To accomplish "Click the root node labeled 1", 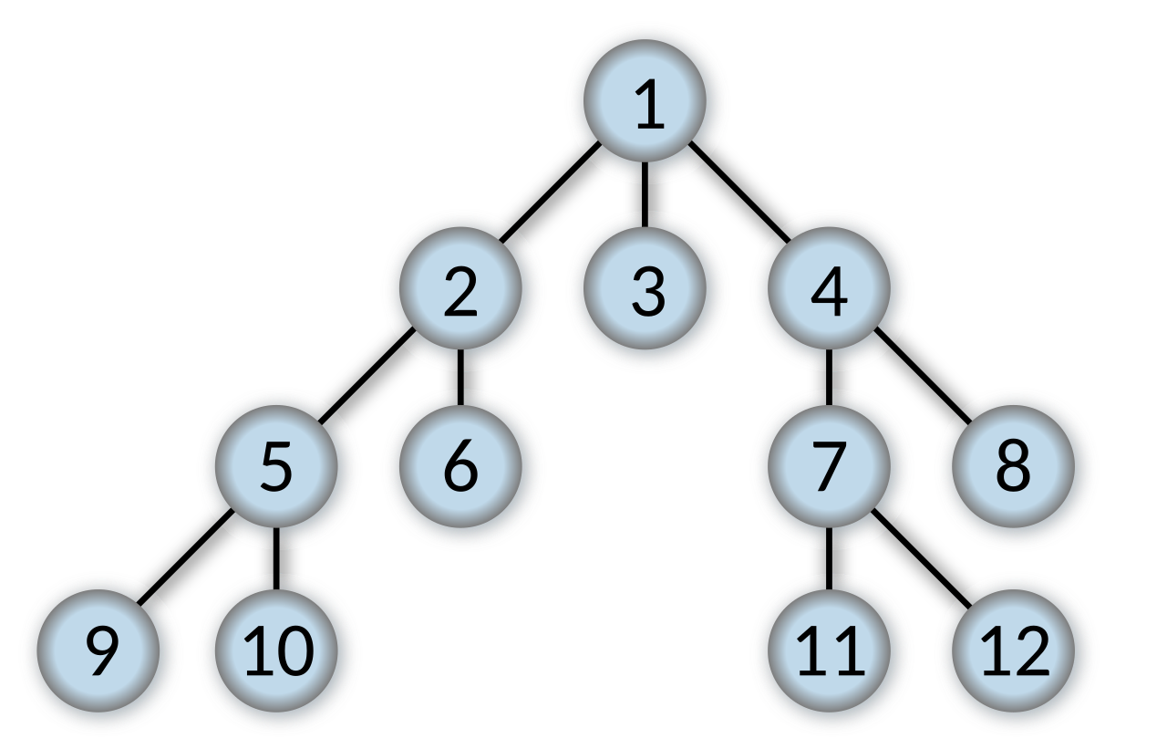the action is pyautogui.click(x=647, y=104).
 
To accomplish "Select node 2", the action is pyautogui.click(x=462, y=292).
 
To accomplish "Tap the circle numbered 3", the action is pyautogui.click(x=647, y=292).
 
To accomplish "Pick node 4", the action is pyautogui.click(x=831, y=292).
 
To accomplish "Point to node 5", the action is pyautogui.click(x=278, y=469).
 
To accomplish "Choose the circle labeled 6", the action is pyautogui.click(x=462, y=469).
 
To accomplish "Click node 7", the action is pyautogui.click(x=831, y=469).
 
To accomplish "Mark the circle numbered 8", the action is pyautogui.click(x=1015, y=469).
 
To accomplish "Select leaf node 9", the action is pyautogui.click(x=101, y=653).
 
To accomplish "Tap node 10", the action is pyautogui.click(x=278, y=653).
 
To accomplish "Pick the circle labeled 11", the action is pyautogui.click(x=831, y=653).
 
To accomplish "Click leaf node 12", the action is pyautogui.click(x=1015, y=653).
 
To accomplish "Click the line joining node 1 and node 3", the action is pyautogui.click(x=645, y=195).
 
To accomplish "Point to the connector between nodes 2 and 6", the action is pyautogui.click(x=460, y=378).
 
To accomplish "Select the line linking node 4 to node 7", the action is pyautogui.click(x=829, y=378).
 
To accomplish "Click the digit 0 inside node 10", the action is pyautogui.click(x=293, y=653).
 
